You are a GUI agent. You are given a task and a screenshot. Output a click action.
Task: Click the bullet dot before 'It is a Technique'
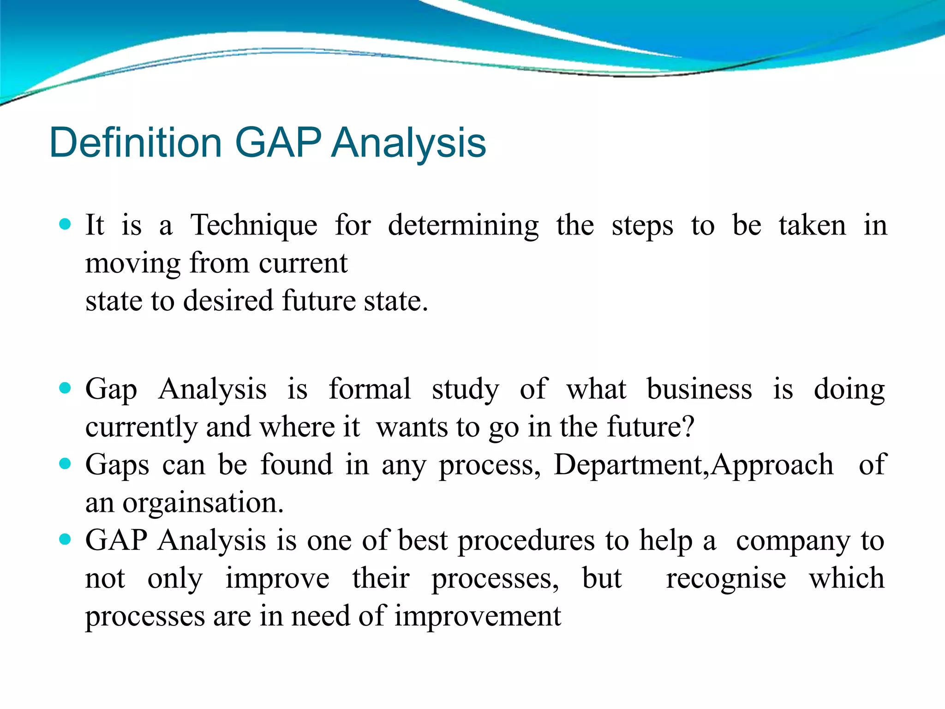[x=65, y=225]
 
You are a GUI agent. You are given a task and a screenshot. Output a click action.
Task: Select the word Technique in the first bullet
[x=254, y=226]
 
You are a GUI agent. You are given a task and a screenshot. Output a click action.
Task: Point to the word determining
[x=463, y=226]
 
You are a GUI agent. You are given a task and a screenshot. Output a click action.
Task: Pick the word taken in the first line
[x=812, y=226]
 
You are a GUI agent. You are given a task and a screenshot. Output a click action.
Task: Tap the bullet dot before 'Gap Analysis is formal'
[x=65, y=388]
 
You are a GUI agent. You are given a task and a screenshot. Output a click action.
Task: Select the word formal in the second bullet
[x=369, y=389]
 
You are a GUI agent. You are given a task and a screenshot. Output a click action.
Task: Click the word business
[x=699, y=389]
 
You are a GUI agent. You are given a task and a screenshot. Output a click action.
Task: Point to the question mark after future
[x=688, y=427]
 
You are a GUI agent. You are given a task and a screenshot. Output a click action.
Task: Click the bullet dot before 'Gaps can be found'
[x=65, y=463]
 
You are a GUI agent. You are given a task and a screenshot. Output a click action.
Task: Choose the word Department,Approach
[x=694, y=465]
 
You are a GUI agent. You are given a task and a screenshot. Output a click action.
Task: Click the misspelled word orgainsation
[x=203, y=503]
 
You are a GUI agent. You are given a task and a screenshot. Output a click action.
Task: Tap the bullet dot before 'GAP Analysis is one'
[x=65, y=539]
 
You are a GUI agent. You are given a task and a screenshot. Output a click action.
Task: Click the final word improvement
[x=478, y=617]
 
